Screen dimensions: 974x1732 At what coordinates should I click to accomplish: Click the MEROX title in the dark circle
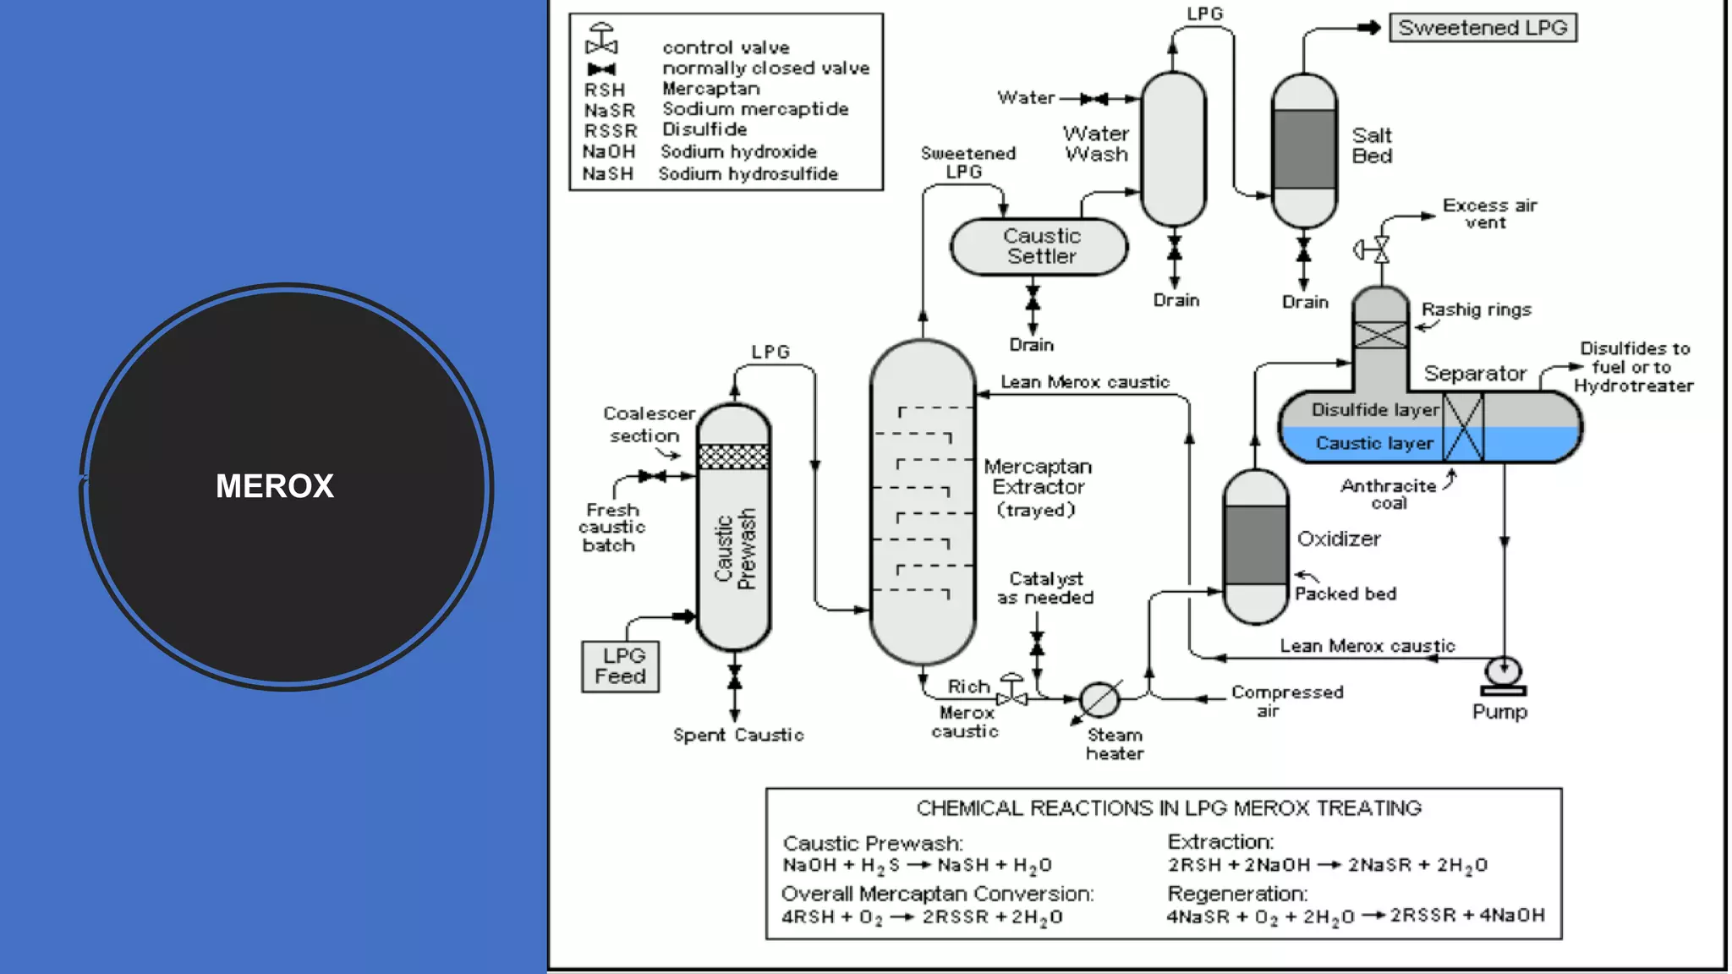(x=275, y=486)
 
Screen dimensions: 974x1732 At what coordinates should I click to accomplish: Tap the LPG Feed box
(x=620, y=666)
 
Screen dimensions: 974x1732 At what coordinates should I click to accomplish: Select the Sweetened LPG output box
(x=1483, y=28)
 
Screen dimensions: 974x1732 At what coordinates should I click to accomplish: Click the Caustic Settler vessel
(x=1039, y=247)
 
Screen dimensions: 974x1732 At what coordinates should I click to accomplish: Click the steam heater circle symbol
(x=1099, y=699)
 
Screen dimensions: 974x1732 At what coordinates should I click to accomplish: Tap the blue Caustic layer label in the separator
(x=1374, y=443)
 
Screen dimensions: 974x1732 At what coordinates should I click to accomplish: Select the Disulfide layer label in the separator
(x=1374, y=410)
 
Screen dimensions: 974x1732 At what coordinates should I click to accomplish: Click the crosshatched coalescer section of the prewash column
(x=733, y=457)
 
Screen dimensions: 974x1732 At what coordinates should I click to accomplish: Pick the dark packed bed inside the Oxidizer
(x=1256, y=545)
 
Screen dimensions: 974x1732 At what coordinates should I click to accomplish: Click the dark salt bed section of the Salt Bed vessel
(x=1304, y=149)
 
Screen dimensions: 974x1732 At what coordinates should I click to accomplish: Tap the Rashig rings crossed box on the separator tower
(x=1380, y=334)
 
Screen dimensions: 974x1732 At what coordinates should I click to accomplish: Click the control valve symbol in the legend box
(x=601, y=40)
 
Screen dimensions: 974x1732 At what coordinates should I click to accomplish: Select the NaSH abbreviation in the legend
(x=607, y=173)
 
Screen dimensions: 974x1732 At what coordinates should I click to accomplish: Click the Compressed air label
(x=1285, y=700)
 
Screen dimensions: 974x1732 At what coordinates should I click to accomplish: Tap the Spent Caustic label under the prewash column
(x=737, y=735)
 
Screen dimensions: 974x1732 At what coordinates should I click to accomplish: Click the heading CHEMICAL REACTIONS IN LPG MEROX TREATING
(x=1169, y=808)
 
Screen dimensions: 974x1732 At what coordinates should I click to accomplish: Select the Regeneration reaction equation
(x=1355, y=917)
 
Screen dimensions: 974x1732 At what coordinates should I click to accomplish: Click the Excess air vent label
(x=1488, y=213)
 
